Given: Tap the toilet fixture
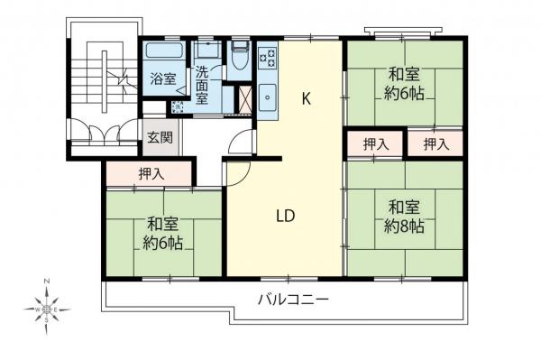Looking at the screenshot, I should (x=240, y=60).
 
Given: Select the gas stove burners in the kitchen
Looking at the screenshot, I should (x=268, y=58).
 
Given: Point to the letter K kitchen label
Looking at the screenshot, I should (x=307, y=99).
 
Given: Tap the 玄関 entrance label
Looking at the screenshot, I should (x=159, y=138).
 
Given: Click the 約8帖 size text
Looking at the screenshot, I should (x=403, y=226).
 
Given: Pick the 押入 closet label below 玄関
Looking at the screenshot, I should (x=151, y=173).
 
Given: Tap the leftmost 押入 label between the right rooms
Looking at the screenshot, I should (x=376, y=143).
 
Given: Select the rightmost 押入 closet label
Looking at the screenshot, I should (x=436, y=143).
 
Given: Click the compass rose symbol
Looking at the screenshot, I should (x=48, y=309).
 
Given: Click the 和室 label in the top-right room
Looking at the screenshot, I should (x=403, y=74).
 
